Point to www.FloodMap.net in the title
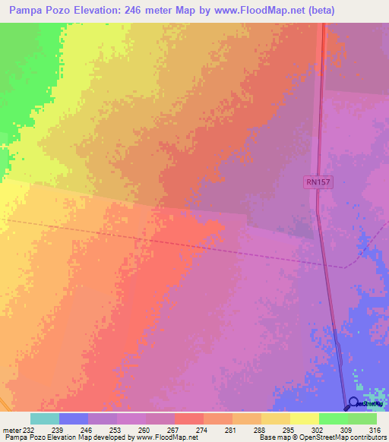pyautogui.click(x=247, y=11)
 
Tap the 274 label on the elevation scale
pyautogui.click(x=203, y=430)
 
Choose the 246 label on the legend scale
pyautogui.click(x=88, y=430)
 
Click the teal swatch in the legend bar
pyautogui.click(x=45, y=418)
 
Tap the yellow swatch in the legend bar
pyautogui.click(x=304, y=418)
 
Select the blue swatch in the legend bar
pyautogui.click(x=74, y=418)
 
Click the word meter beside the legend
pyautogui.click(x=11, y=430)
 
